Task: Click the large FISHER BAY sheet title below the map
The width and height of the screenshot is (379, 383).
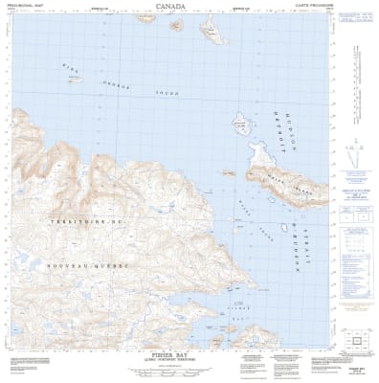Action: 189,350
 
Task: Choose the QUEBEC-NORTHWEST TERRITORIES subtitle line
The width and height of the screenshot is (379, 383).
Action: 189,357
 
